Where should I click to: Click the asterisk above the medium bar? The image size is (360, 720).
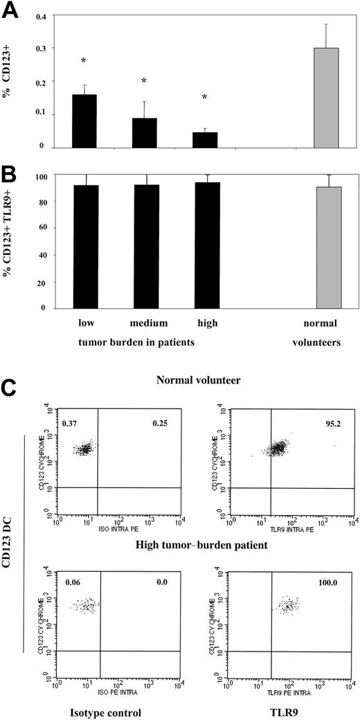point(144,82)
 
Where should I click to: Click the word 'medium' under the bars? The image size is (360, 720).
point(145,323)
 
